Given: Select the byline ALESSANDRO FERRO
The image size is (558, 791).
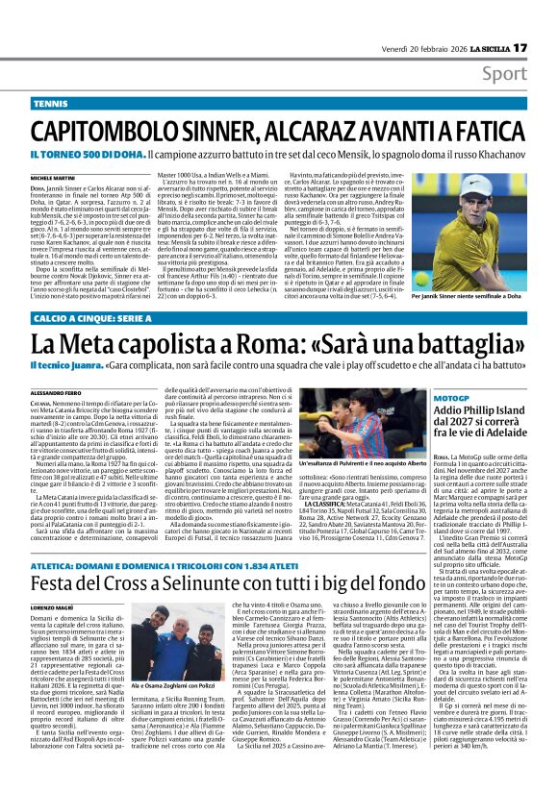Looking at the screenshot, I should [x=57, y=394].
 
